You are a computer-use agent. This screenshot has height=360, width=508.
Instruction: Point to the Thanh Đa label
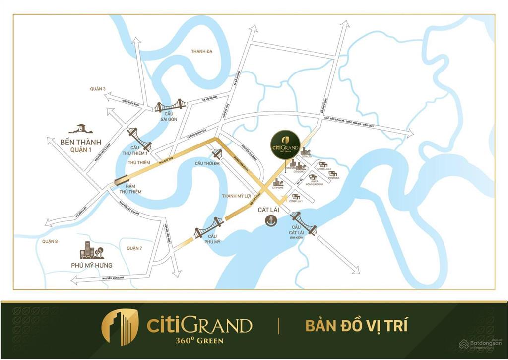pos(201,51)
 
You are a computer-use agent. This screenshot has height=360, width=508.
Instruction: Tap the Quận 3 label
pos(98,89)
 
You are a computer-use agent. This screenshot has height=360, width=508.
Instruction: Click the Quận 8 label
pos(50,241)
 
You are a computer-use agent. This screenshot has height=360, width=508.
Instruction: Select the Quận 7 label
pos(134,248)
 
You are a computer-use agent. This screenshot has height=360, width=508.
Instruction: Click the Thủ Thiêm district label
pos(138,162)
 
